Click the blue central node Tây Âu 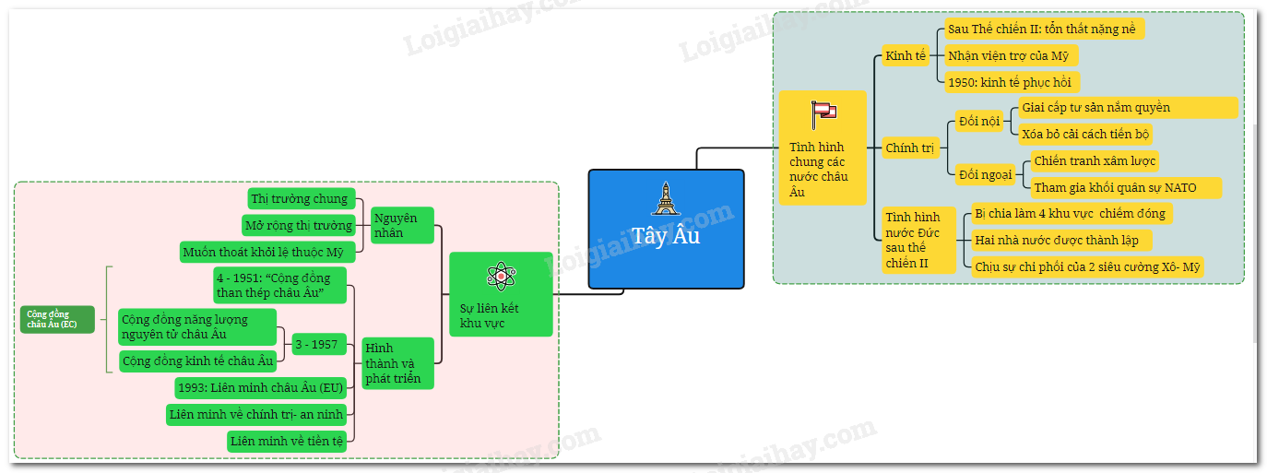tap(666, 230)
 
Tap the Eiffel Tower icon tap(665, 198)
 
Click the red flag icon tap(823, 114)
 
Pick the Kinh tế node tap(905, 56)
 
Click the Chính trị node tap(910, 148)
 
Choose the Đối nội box tap(978, 121)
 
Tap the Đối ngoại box tap(985, 174)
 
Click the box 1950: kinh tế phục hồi tap(1012, 82)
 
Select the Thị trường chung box tap(302, 198)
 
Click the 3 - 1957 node tap(318, 345)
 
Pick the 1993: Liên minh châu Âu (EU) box tap(260, 387)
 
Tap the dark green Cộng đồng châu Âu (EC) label tap(57, 319)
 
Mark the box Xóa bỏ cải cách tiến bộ tap(1084, 134)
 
